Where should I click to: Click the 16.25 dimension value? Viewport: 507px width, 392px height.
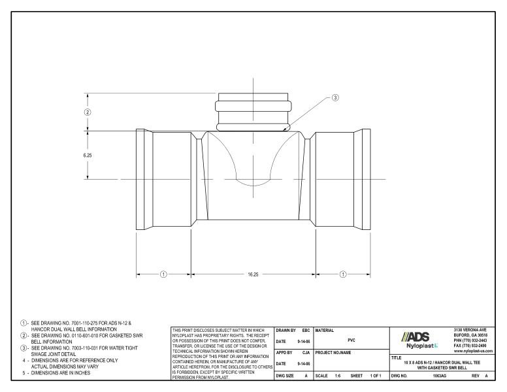252,274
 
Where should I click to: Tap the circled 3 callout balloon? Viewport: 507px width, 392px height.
335,98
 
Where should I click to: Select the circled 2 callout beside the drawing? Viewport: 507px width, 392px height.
88,112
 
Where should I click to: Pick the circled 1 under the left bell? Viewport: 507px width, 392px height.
163,274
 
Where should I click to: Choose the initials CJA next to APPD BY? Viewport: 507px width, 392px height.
305,352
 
